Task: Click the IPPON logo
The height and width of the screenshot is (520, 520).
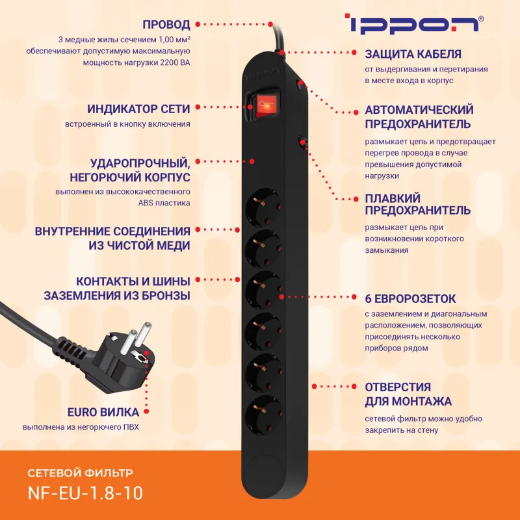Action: point(413,25)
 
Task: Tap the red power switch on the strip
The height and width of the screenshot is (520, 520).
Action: point(264,104)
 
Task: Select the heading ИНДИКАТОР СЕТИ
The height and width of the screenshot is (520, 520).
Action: point(139,109)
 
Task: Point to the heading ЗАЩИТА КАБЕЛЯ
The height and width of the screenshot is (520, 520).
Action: point(413,54)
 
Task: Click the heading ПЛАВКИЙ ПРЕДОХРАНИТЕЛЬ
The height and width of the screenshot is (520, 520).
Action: point(417,204)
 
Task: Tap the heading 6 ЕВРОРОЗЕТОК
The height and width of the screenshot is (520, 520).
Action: point(411,299)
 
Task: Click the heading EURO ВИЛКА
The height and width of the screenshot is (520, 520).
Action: point(103,412)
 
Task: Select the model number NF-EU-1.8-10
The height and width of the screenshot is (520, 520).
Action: point(85,492)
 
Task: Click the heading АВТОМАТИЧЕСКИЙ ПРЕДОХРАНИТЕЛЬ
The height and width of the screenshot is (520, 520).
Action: point(419,116)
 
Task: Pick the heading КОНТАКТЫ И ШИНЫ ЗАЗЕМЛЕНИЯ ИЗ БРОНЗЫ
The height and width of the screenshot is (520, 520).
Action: point(117,289)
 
